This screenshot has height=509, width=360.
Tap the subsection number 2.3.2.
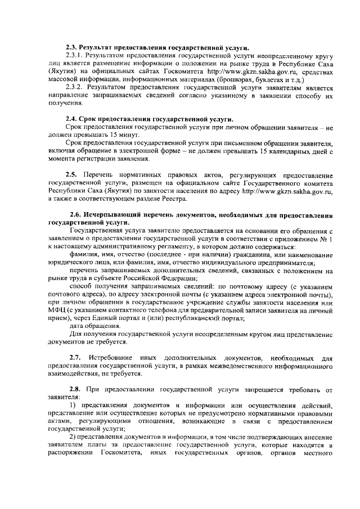point(74,88)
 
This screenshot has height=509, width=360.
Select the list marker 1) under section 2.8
point(72,405)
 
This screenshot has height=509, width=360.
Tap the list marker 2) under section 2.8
point(72,436)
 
